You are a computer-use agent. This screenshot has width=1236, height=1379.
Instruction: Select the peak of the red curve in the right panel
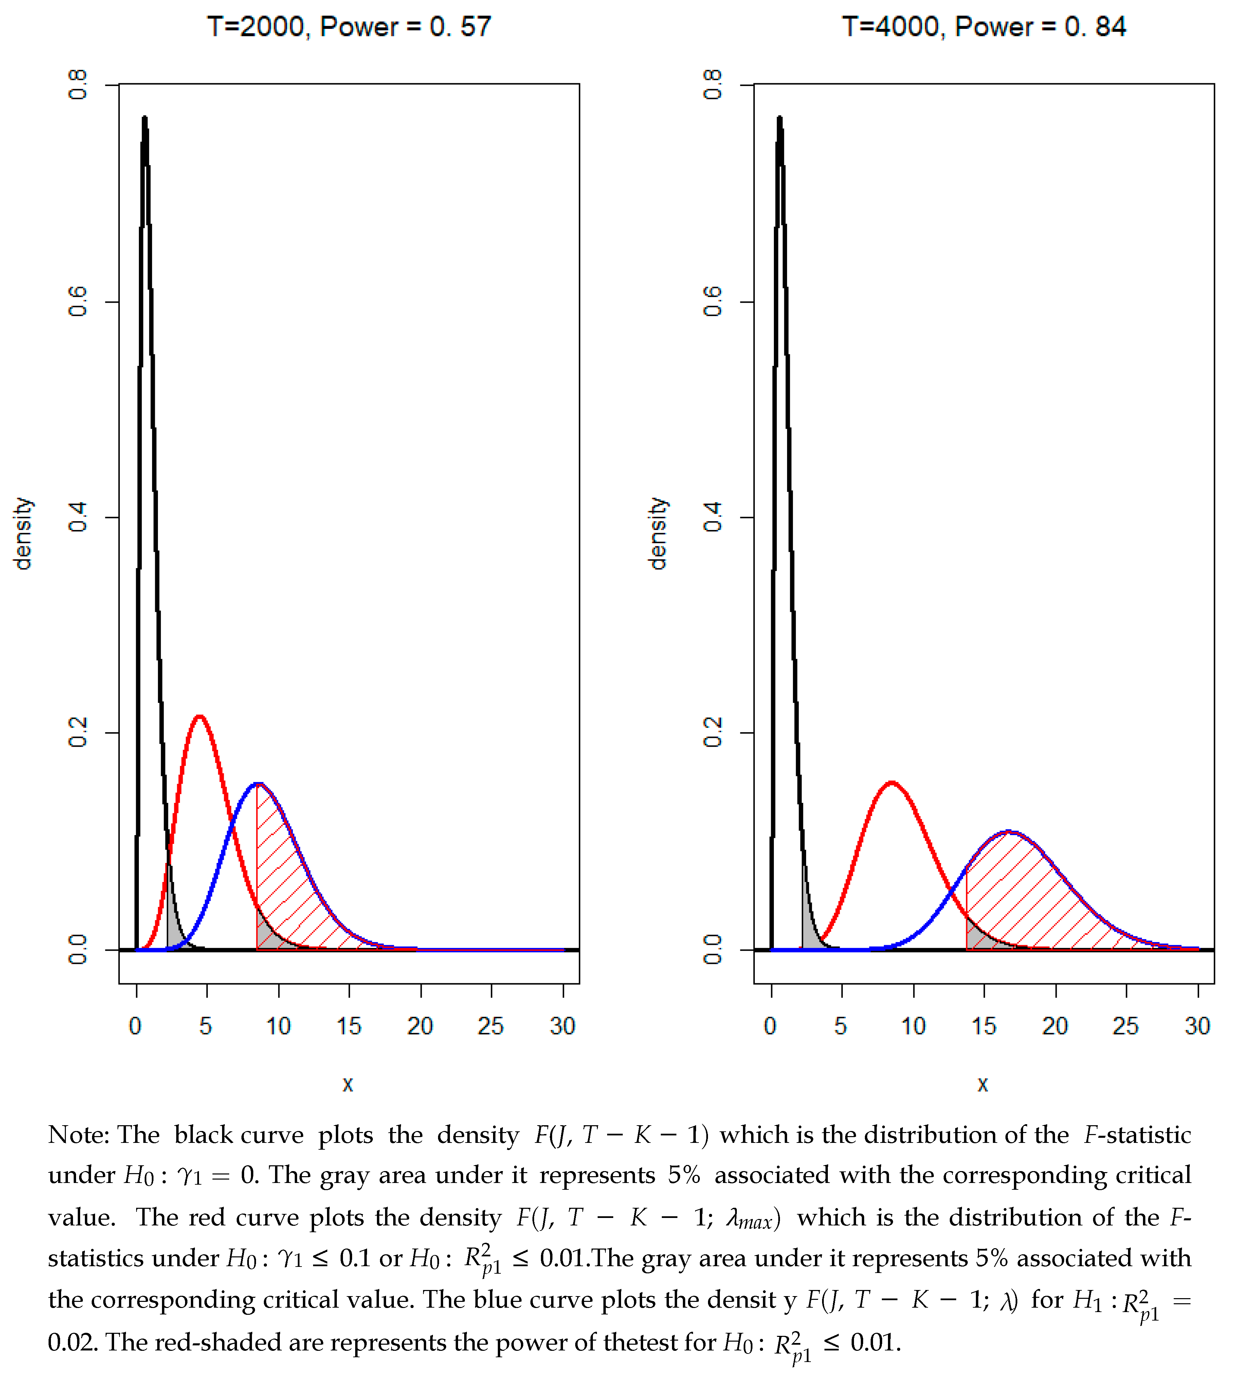click(892, 782)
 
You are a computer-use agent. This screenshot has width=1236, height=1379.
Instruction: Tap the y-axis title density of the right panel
click(657, 533)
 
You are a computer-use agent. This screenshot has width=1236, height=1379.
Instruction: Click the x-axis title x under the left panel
click(348, 1084)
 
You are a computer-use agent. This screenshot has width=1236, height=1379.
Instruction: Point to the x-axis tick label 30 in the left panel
click(562, 1026)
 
